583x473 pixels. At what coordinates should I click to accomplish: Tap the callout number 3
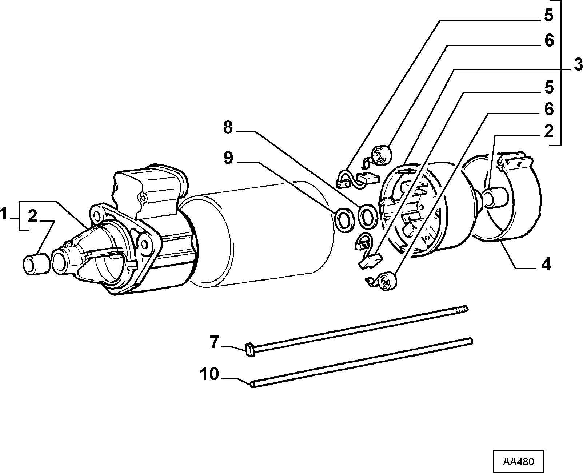[x=578, y=65]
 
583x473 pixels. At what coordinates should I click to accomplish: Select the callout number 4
[x=546, y=265]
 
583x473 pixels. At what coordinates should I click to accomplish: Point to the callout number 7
[x=215, y=342]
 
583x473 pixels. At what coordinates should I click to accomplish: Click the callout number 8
[x=228, y=127]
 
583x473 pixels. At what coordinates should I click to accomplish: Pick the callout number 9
[x=228, y=158]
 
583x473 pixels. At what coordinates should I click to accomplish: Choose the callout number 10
[x=209, y=374]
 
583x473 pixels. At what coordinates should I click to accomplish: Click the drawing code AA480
[x=518, y=461]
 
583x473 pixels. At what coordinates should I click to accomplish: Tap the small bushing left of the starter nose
[x=36, y=264]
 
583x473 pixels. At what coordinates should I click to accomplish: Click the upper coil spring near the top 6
[x=381, y=156]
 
